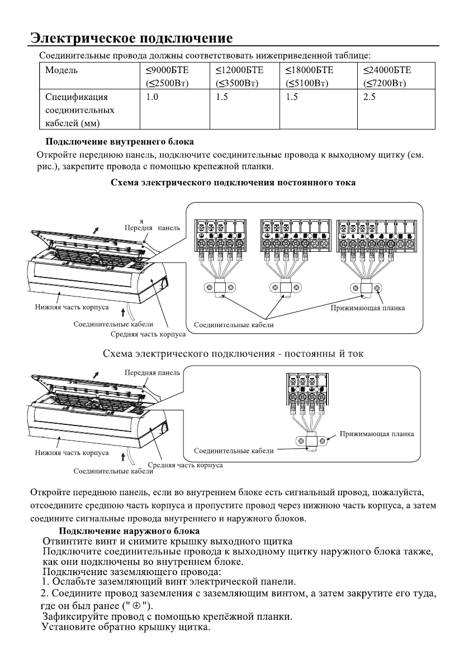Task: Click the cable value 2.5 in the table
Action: point(369,97)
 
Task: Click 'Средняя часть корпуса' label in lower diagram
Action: point(185,465)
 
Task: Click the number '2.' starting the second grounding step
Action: point(47,593)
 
